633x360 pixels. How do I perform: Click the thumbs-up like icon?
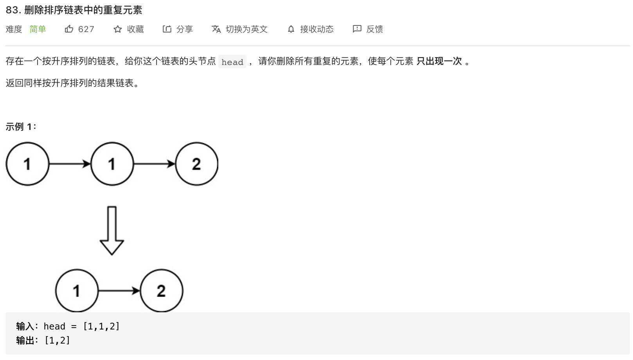[x=69, y=29]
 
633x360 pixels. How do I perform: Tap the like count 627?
[x=86, y=29]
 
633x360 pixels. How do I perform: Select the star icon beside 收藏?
[x=118, y=29]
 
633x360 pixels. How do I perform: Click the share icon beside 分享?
[x=167, y=29]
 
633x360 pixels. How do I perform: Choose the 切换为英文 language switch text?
[x=246, y=29]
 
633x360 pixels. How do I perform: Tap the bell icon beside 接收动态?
[x=291, y=29]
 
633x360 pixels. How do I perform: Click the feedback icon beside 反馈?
[x=357, y=29]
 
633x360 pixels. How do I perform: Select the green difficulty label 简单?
[x=38, y=29]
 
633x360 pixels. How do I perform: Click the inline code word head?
[x=232, y=62]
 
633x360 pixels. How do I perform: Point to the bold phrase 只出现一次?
[x=439, y=61]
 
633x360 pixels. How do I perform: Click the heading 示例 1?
[x=21, y=127]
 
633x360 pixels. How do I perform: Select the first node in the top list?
[x=27, y=164]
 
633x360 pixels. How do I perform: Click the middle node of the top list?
[x=112, y=164]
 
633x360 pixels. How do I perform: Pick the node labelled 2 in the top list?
[x=196, y=164]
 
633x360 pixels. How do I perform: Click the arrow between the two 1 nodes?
[x=70, y=164]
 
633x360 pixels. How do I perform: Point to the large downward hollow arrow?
[x=112, y=231]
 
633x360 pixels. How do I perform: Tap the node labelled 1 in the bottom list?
[x=77, y=291]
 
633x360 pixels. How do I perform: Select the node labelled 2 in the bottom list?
[x=161, y=291]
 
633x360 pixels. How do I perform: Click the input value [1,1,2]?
[x=101, y=326]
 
